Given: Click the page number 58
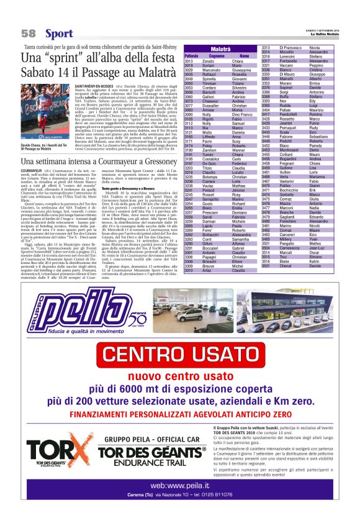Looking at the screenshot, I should pos(29,33).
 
